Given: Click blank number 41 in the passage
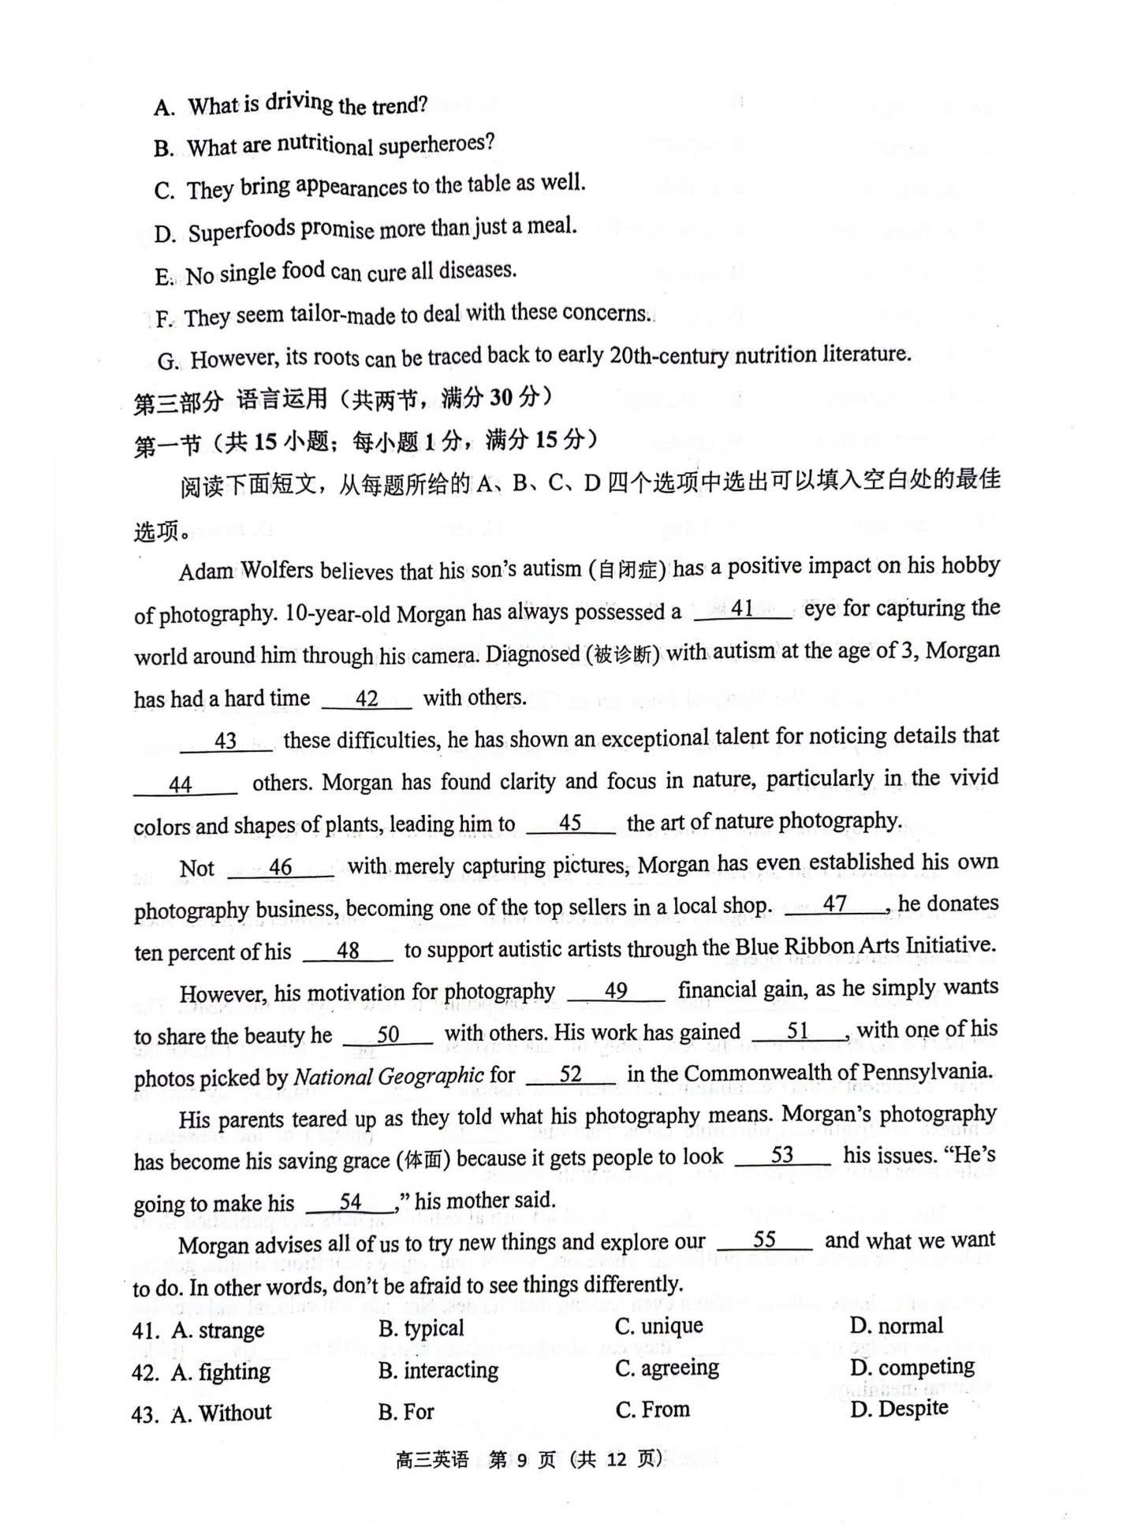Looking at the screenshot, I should coord(742,609).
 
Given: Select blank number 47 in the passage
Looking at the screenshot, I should coord(835,904).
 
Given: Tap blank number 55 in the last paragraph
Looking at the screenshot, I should coord(764,1240).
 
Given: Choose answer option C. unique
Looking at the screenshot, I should coord(659,1326).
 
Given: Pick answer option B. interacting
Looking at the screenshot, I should coord(438,1370).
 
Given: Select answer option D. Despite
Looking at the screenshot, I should coord(899,1409).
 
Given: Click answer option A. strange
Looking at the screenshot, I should coord(218,1331).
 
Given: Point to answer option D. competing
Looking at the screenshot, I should coord(912,1367).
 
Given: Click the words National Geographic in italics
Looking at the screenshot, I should coord(389,1076).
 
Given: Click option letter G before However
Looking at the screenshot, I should coord(168,361).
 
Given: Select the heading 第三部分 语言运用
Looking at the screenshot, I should coord(229,401).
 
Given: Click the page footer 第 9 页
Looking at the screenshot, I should coord(521,1459).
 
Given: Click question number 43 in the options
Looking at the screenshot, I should coord(146,1413).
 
